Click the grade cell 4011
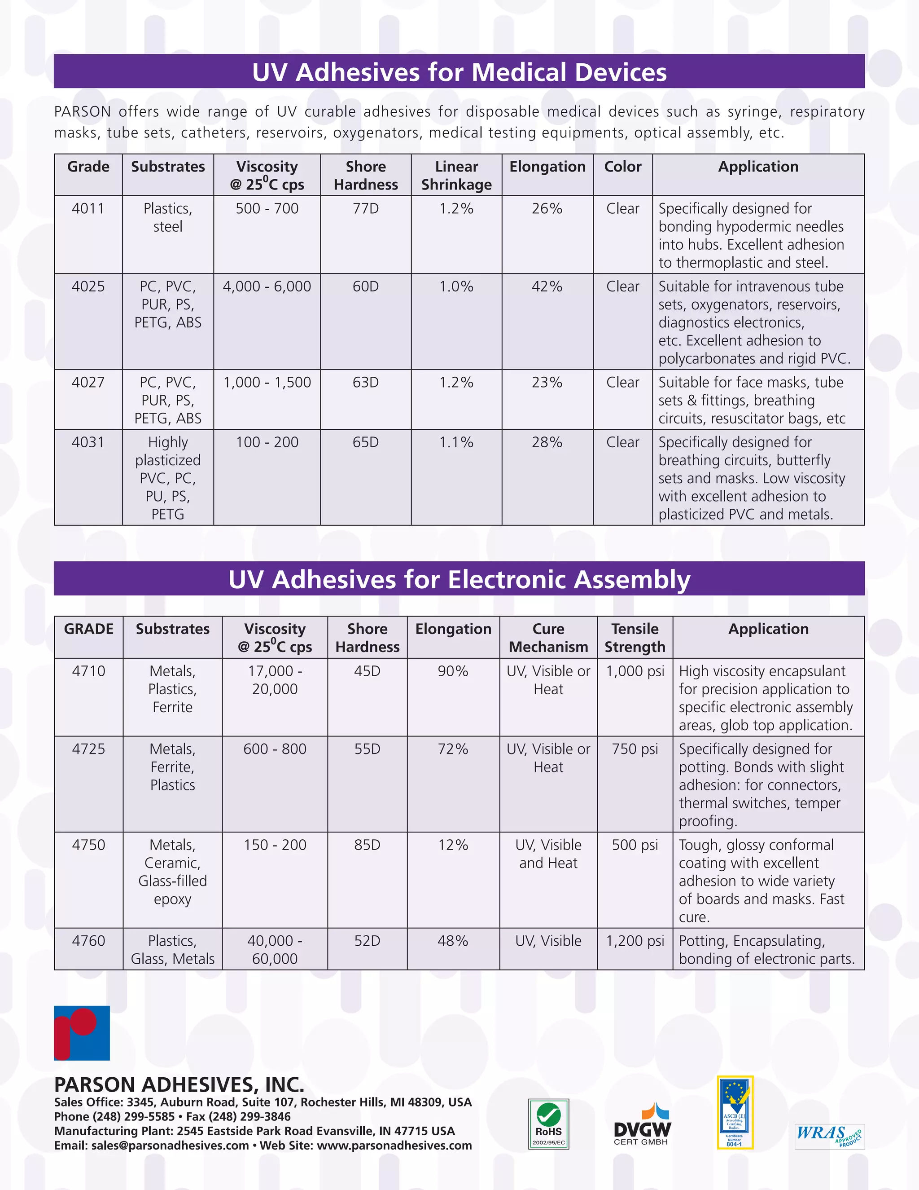(88, 209)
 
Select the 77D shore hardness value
(365, 209)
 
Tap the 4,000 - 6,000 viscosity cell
(267, 286)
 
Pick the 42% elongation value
(547, 286)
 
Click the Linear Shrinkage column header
(456, 176)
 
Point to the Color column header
(623, 167)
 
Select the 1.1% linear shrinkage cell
(456, 442)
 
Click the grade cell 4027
(88, 383)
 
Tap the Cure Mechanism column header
(548, 638)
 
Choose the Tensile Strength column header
(635, 638)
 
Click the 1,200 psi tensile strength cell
(635, 941)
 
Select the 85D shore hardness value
(367, 845)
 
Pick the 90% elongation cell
(453, 671)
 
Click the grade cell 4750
(89, 845)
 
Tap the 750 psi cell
(635, 749)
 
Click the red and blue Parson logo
(82, 1033)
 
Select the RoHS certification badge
(548, 1124)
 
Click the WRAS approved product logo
(829, 1137)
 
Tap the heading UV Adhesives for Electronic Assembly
(459, 579)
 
